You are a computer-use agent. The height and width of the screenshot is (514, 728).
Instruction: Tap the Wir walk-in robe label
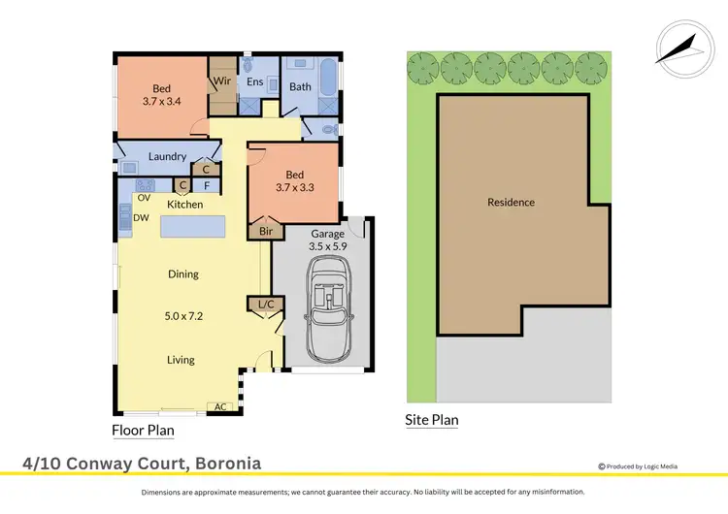[x=221, y=81]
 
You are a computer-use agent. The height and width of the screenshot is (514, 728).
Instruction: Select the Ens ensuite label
[x=254, y=82]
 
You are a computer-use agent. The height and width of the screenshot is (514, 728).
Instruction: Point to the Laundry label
[x=167, y=156]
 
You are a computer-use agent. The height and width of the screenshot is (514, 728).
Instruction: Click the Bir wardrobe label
[x=266, y=232]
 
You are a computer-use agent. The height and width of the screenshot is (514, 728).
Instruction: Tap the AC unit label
[x=219, y=406]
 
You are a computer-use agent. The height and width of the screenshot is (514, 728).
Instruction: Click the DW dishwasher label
[x=141, y=218]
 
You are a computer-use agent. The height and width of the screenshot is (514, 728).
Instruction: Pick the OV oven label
[x=143, y=198]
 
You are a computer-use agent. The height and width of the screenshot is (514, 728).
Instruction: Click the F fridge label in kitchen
[x=206, y=185]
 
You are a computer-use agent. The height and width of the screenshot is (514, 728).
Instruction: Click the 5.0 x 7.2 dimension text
[x=183, y=314]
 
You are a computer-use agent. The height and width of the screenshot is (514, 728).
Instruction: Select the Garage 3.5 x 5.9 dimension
[x=327, y=246]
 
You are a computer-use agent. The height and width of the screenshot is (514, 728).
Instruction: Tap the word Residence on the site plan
[x=511, y=203]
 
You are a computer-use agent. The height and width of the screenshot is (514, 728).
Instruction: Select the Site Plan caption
[x=431, y=420]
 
